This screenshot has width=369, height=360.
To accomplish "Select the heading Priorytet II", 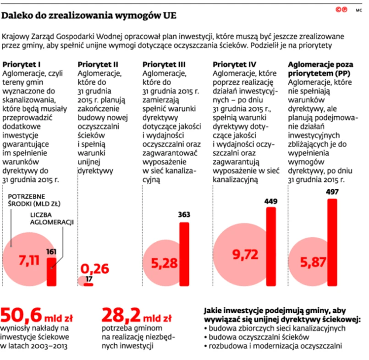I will coord(99,64).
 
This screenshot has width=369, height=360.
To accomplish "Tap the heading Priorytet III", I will coord(164,64).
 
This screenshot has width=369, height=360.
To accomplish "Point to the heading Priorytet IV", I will coord(235,64).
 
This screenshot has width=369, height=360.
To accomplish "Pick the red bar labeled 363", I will coord(184,254).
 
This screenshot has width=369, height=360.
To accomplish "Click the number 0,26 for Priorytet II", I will coord(95,268).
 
